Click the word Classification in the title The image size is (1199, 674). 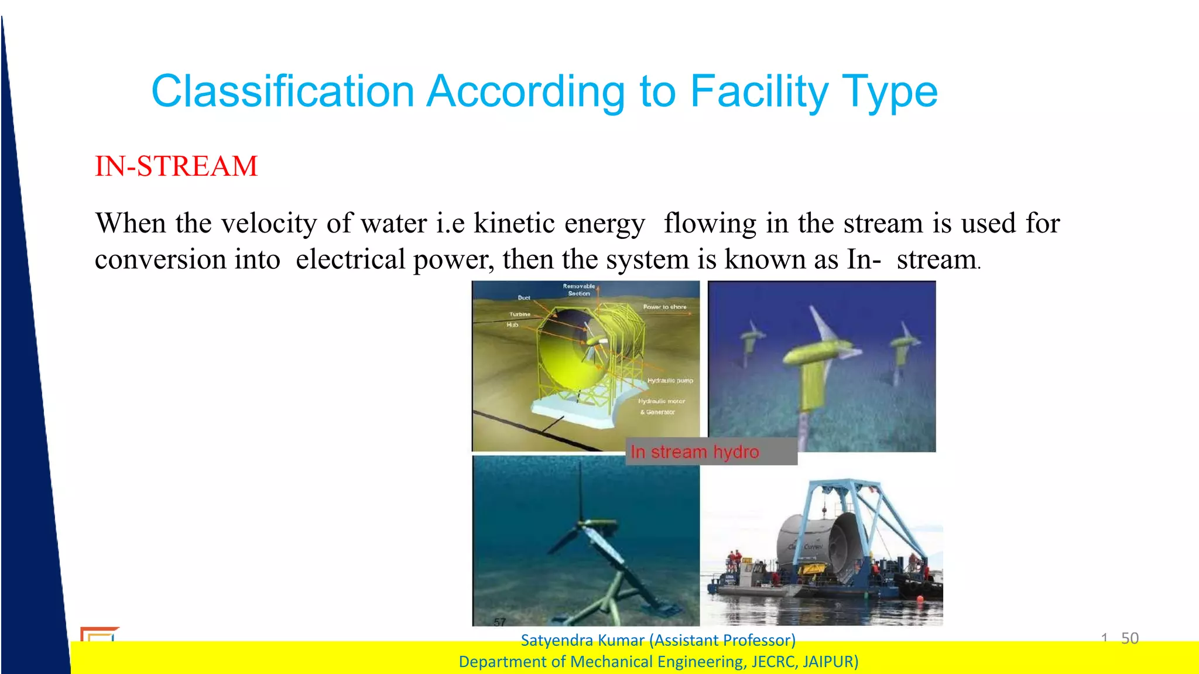pyautogui.click(x=283, y=92)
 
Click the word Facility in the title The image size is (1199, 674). pyautogui.click(x=759, y=92)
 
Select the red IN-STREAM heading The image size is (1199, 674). pyautogui.click(x=176, y=166)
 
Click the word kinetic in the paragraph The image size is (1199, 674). pyautogui.click(x=513, y=223)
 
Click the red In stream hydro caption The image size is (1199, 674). pyautogui.click(x=694, y=452)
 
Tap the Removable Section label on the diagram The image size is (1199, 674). pyautogui.click(x=578, y=290)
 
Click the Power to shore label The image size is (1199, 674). pyautogui.click(x=664, y=307)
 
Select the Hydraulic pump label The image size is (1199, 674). pyautogui.click(x=670, y=381)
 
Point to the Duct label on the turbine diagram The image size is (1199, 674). pyautogui.click(x=523, y=298)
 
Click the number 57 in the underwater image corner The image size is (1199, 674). pyautogui.click(x=499, y=622)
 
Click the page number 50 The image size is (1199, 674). pyautogui.click(x=1129, y=638)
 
